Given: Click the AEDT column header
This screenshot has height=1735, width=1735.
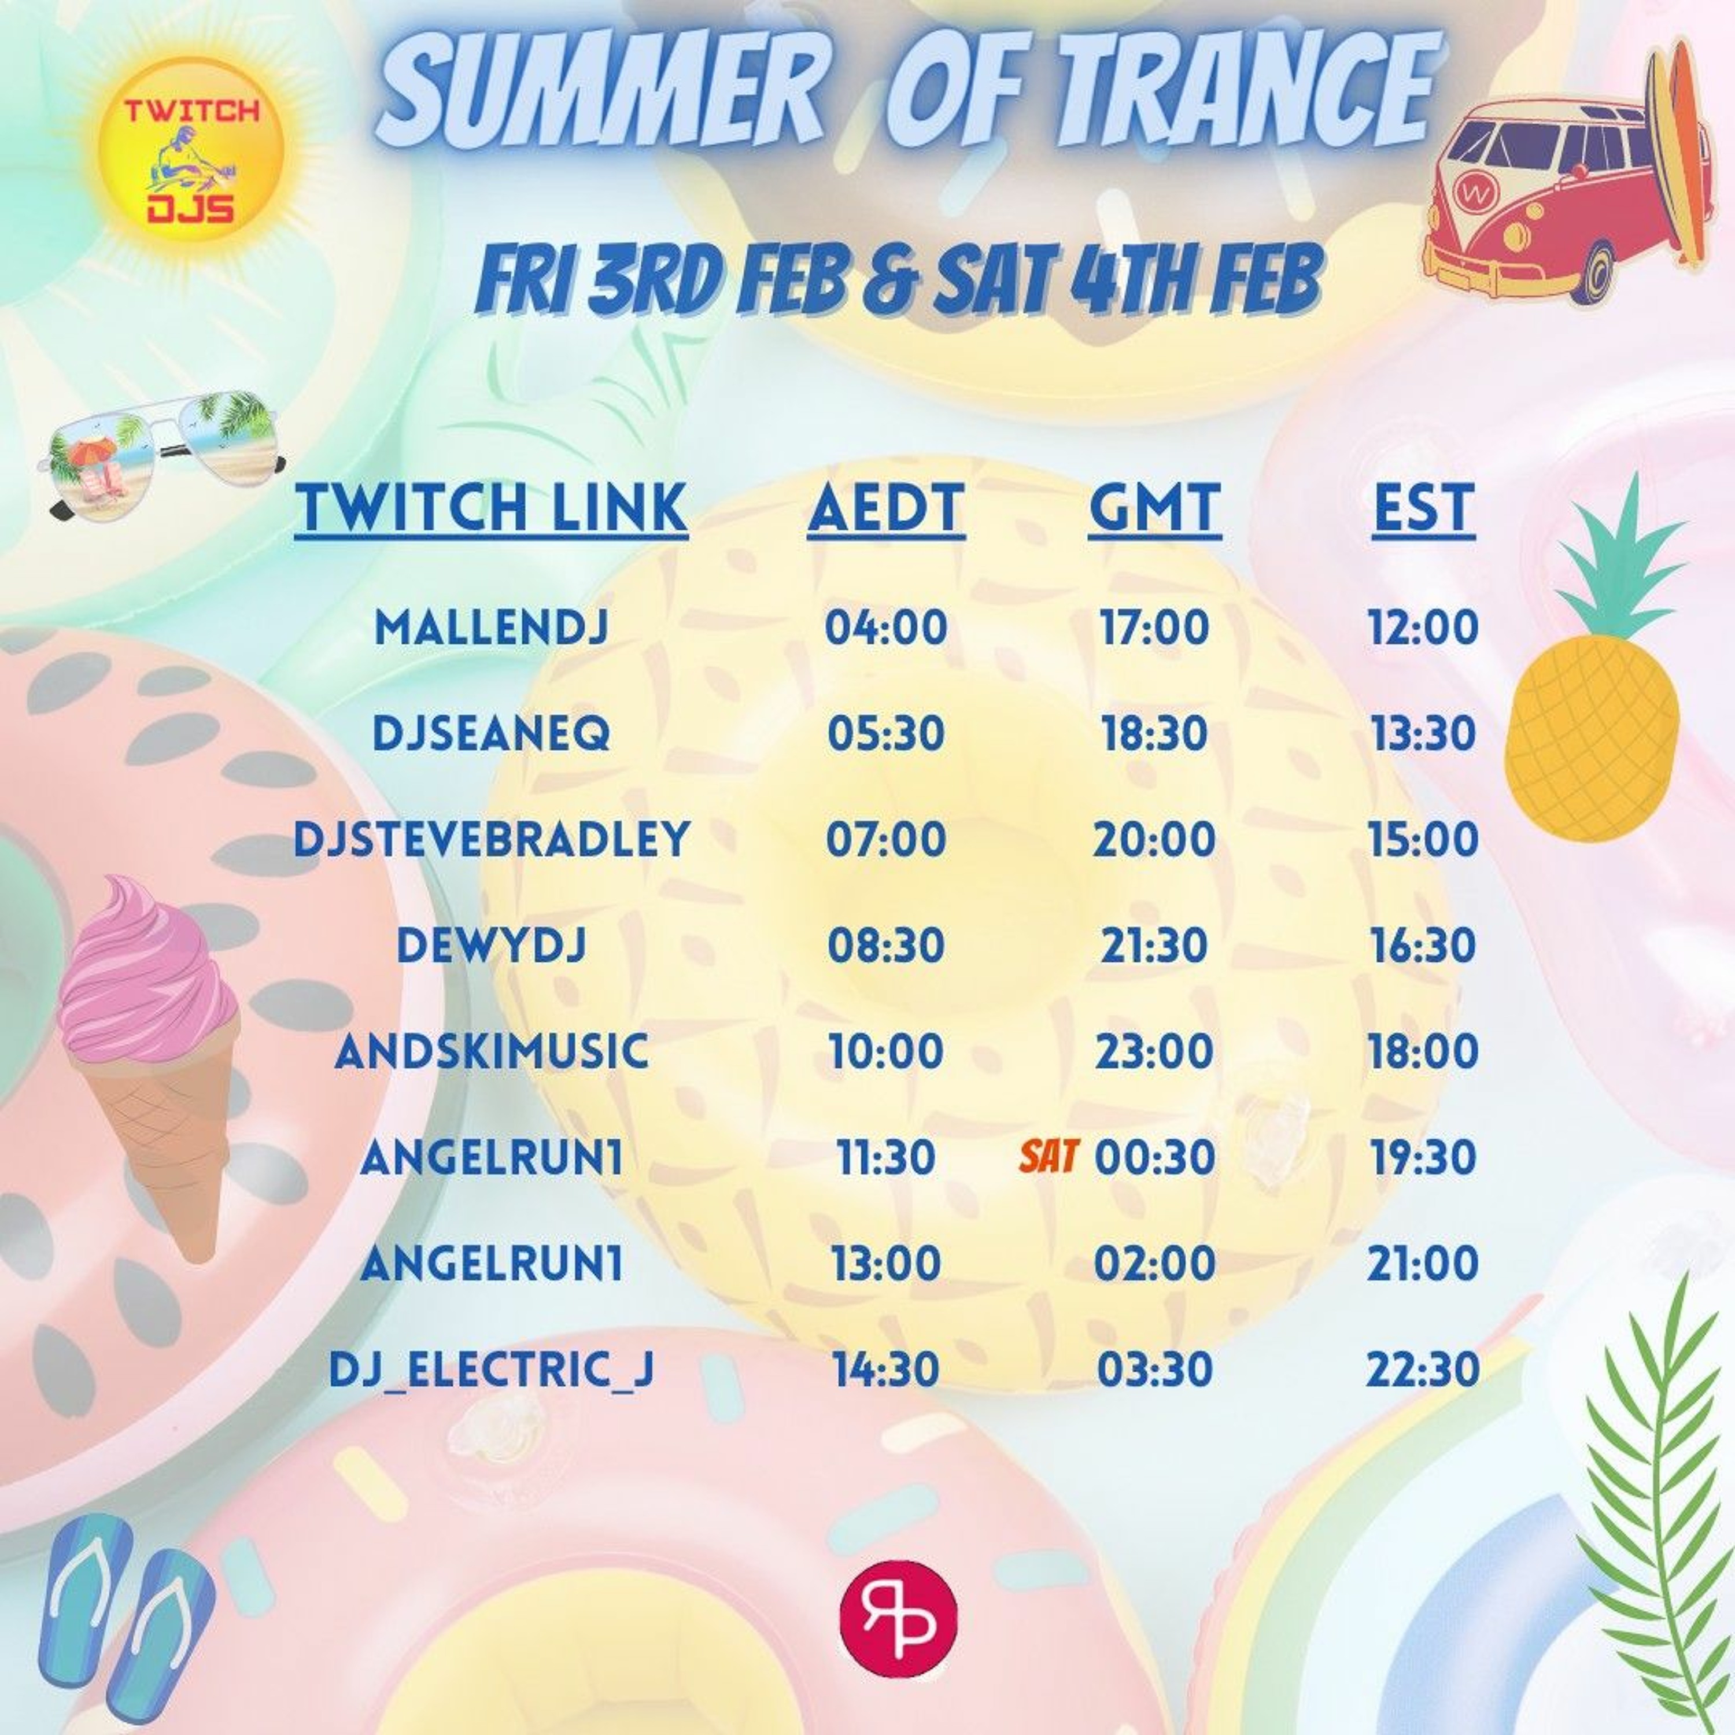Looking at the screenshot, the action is coord(887,508).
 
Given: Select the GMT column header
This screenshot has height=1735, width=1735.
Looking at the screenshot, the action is coord(1155,508).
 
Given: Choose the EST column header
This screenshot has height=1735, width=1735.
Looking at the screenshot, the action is coord(1423,508).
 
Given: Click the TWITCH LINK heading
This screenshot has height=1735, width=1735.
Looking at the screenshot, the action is coord(491,508).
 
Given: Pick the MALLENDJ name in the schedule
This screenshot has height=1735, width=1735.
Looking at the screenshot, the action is coord(491,627).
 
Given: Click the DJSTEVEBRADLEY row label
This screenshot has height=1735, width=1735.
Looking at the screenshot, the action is coord(491,839).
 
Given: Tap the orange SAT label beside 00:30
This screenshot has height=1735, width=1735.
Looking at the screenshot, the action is coord(1048,1157).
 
